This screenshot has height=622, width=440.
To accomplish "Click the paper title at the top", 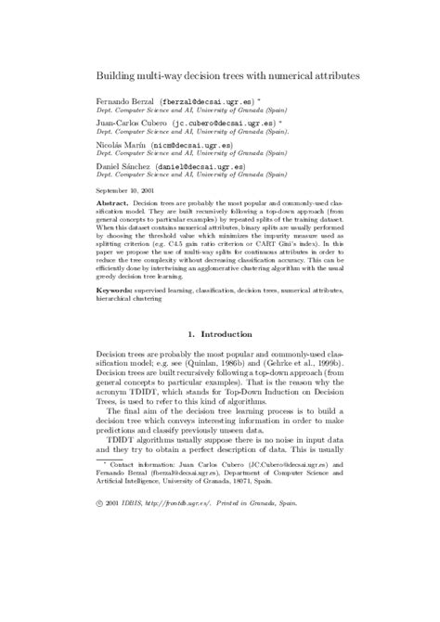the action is pyautogui.click(x=229, y=71).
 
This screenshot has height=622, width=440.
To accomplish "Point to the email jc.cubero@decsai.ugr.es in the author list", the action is pyautogui.click(x=213, y=121).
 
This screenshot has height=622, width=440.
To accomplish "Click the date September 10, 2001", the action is pyautogui.click(x=124, y=189).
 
